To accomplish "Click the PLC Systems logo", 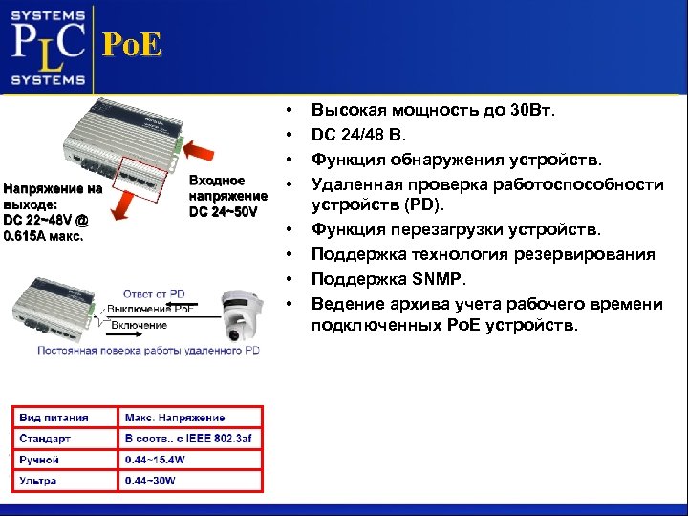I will coord(49,46).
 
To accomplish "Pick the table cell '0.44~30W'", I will coord(150,481).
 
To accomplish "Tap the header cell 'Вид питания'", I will coord(54,418).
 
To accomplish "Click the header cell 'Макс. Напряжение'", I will coord(175,418).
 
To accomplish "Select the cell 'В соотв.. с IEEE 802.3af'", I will coord(188,439).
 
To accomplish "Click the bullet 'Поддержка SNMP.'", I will coord(387,279).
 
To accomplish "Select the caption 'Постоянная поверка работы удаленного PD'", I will coord(148,351).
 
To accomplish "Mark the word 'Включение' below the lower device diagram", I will coord(140,325).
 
